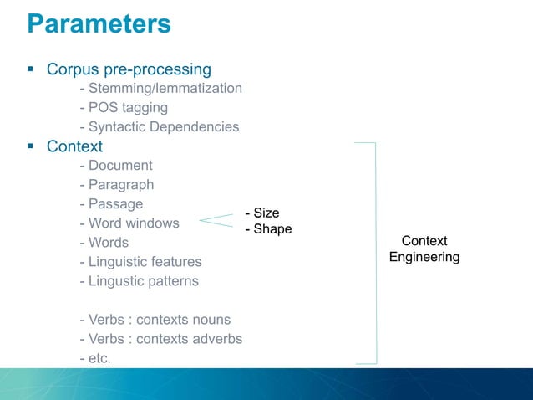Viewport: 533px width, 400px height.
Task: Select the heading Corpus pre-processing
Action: click(129, 69)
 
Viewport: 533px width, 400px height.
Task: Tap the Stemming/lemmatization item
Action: click(160, 88)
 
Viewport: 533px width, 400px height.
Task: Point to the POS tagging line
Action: click(124, 108)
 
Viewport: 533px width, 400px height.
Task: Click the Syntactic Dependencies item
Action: click(159, 127)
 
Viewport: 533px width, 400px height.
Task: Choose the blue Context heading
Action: click(74, 146)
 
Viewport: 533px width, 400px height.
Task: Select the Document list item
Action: click(115, 166)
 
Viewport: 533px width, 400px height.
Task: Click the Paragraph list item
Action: click(116, 185)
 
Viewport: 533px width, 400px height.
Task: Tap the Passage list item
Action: click(111, 204)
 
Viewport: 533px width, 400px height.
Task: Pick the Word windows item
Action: click(129, 223)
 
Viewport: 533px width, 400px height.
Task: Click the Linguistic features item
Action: click(140, 262)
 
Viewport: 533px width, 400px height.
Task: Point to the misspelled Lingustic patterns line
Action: click(139, 281)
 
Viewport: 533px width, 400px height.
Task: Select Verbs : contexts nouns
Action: click(155, 320)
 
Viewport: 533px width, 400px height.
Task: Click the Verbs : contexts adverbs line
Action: click(160, 339)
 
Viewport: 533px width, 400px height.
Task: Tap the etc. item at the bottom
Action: click(94, 358)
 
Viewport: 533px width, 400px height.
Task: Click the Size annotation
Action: click(261, 213)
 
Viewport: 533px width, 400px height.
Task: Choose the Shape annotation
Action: click(267, 229)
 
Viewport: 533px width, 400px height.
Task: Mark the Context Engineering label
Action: click(424, 249)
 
